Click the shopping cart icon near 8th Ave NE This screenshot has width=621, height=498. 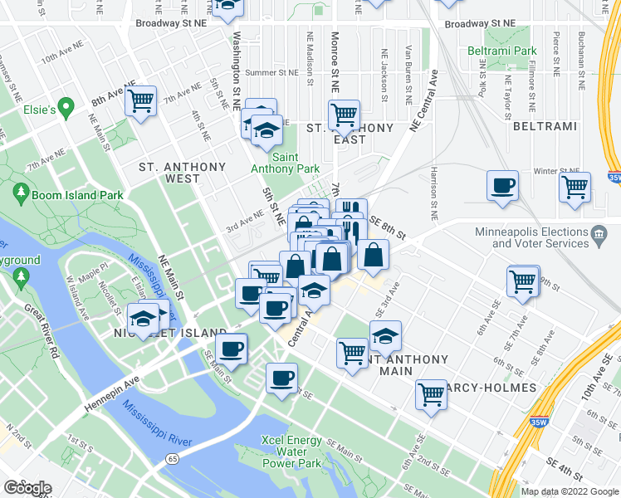(x=141, y=101)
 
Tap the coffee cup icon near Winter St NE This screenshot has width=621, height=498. (x=503, y=186)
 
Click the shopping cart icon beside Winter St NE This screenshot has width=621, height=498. (x=574, y=188)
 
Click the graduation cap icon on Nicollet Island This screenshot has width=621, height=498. (x=144, y=319)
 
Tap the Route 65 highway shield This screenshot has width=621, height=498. (x=173, y=457)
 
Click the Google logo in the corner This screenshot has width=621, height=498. (x=27, y=488)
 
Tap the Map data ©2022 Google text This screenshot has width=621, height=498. (x=570, y=491)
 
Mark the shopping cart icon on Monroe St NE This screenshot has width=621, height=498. (x=343, y=114)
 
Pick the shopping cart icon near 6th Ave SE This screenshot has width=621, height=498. (x=523, y=281)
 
